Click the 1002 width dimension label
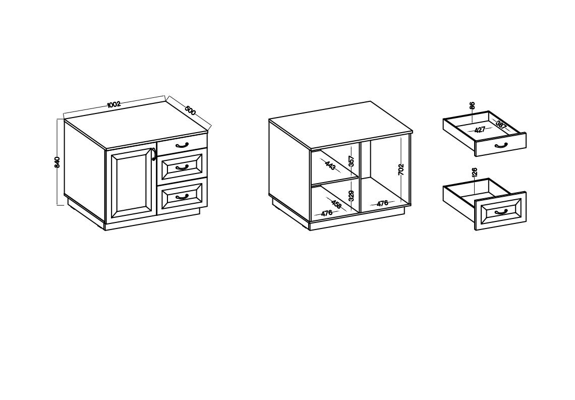pyautogui.click(x=113, y=104)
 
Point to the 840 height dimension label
pyautogui.click(x=57, y=162)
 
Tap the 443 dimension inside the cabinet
pyautogui.click(x=330, y=165)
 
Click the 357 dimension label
pyautogui.click(x=352, y=161)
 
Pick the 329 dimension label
pyautogui.click(x=352, y=196)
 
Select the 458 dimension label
pyautogui.click(x=336, y=204)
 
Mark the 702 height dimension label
pyautogui.click(x=401, y=169)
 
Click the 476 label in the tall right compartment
pyautogui.click(x=382, y=203)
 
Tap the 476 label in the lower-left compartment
pyautogui.click(x=326, y=213)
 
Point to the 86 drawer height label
pyautogui.click(x=472, y=105)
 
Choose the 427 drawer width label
pyautogui.click(x=480, y=130)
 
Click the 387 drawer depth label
pyautogui.click(x=501, y=125)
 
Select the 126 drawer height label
pyautogui.click(x=475, y=173)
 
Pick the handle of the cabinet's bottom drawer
pyautogui.click(x=182, y=197)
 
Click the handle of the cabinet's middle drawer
pyautogui.click(x=182, y=167)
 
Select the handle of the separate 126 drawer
pyautogui.click(x=501, y=211)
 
